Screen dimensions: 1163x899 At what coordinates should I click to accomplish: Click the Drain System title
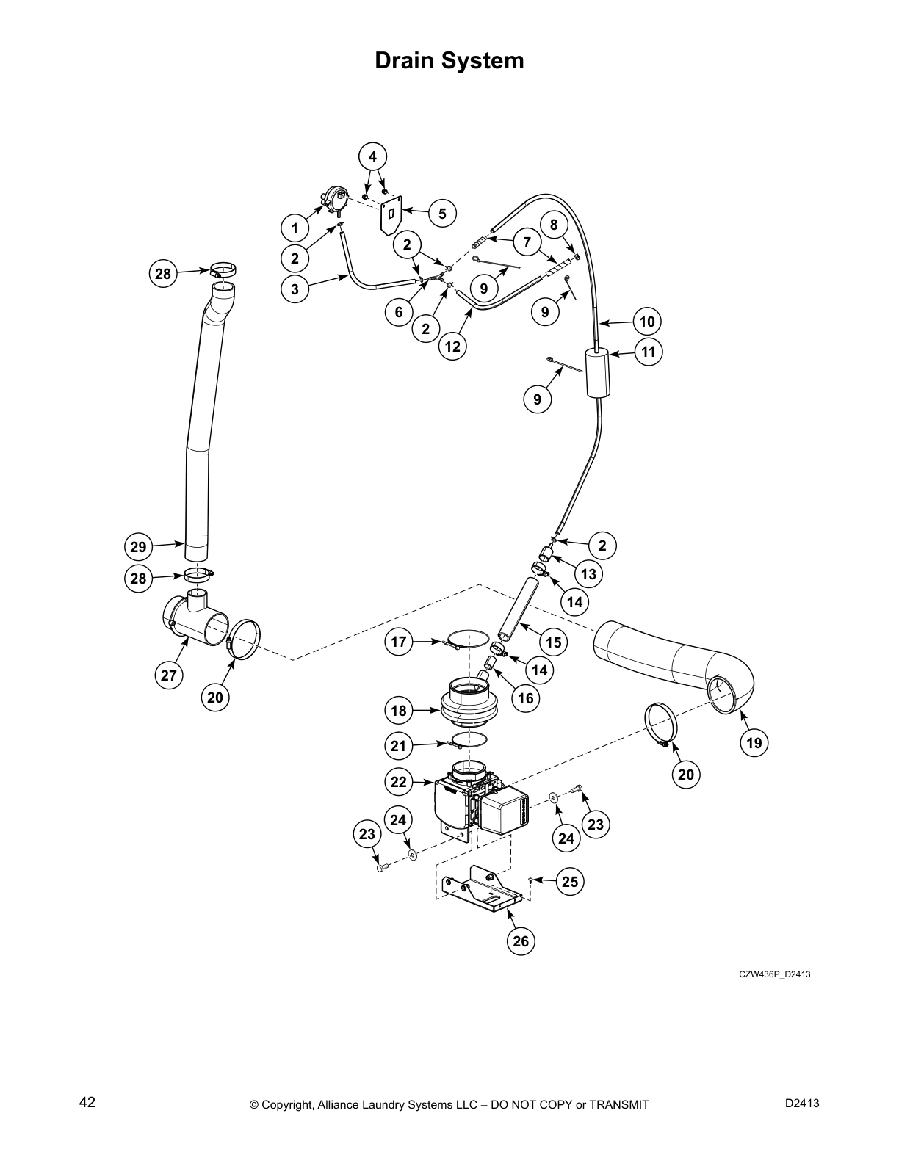coord(450,60)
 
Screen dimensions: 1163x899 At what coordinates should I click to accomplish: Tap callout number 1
coord(295,228)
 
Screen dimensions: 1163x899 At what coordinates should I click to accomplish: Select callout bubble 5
coord(442,214)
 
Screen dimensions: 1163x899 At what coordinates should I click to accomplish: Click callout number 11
coord(648,352)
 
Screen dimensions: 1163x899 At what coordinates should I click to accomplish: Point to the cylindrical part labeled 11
coord(599,372)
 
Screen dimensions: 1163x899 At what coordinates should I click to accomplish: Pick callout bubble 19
coord(754,743)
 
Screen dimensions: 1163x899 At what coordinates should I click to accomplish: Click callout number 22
coord(398,782)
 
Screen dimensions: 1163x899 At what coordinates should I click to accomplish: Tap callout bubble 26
coord(521,941)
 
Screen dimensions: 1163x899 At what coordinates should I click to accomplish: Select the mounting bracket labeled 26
coord(481,888)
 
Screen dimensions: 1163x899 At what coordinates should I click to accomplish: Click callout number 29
coord(138,547)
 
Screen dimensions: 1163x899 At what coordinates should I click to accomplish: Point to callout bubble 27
coord(169,675)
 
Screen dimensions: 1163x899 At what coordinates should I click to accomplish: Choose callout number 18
coord(398,711)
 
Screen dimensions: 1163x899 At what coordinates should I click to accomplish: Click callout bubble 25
coord(570,881)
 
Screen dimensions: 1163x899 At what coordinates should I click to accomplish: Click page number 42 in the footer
coord(87,1102)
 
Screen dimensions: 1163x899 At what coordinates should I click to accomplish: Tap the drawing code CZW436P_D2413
coord(774,974)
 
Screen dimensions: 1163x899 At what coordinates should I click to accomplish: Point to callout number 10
coord(647,322)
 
